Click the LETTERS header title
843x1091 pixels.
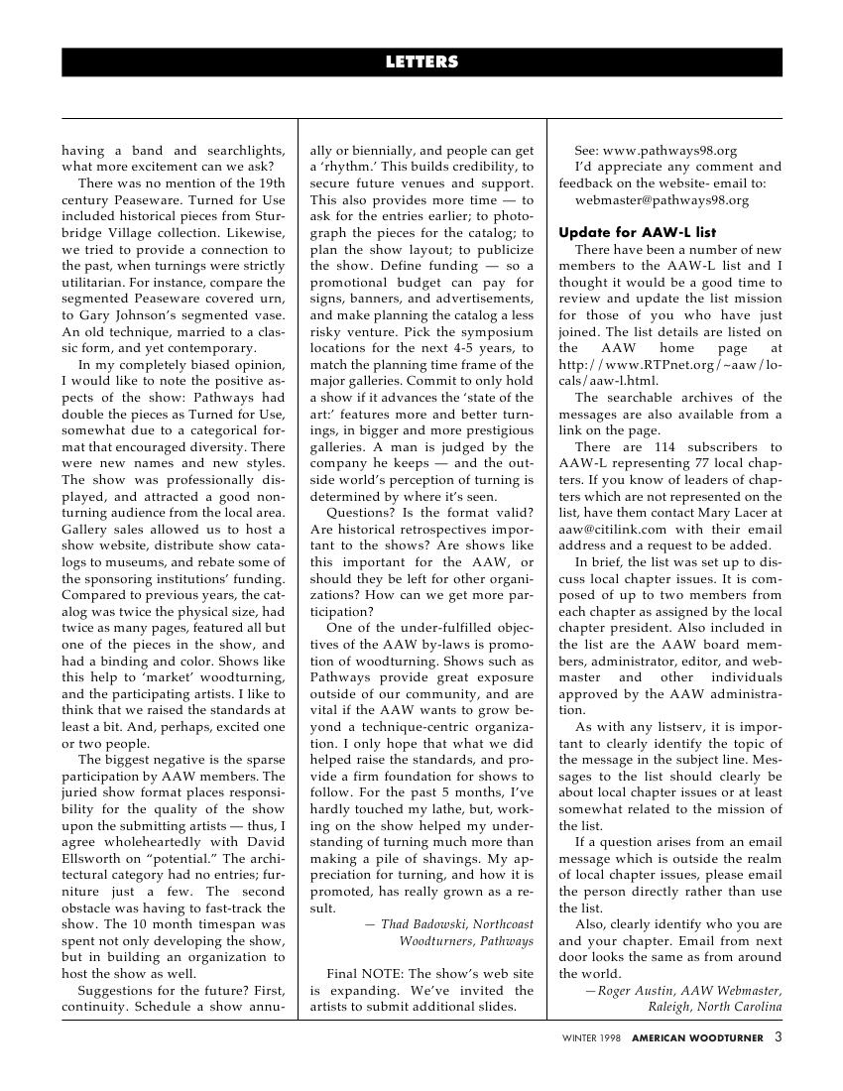pos(421,62)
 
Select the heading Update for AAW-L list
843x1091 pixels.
pos(637,232)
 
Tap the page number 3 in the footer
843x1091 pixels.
pos(779,1037)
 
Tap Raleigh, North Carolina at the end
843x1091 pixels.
pos(715,1007)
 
